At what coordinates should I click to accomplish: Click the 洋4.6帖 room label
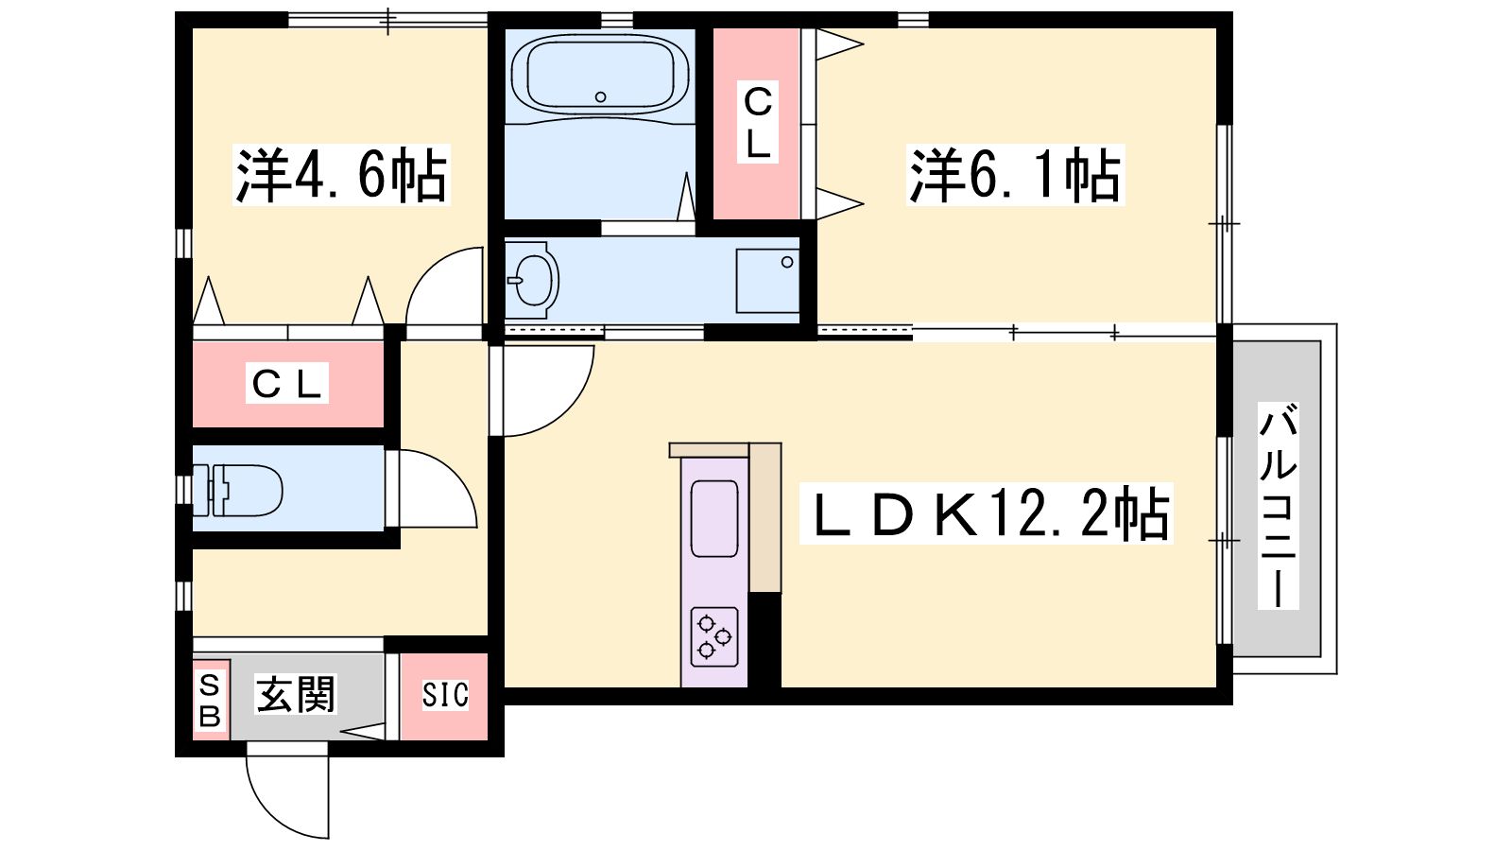[x=341, y=175]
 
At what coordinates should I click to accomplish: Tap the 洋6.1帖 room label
[x=1015, y=175]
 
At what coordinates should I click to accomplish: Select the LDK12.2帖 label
[x=987, y=513]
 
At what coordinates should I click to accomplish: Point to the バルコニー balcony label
[x=1278, y=506]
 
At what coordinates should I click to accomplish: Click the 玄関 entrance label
[x=296, y=694]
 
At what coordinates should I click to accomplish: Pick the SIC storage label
[x=445, y=695]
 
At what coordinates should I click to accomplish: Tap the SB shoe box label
[x=210, y=701]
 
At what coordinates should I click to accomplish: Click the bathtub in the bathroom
[x=600, y=75]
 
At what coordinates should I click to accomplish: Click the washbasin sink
[x=533, y=280]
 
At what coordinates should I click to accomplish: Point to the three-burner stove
[x=714, y=637]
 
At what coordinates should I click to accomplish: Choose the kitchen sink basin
[x=714, y=519]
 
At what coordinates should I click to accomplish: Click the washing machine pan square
[x=767, y=281]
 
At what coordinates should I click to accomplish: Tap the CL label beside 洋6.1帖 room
[x=757, y=122]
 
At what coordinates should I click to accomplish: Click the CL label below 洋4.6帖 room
[x=287, y=383]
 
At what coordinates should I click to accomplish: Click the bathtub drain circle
[x=600, y=96]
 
